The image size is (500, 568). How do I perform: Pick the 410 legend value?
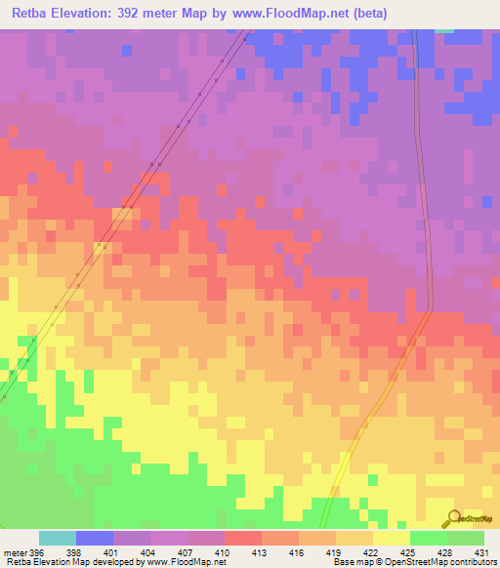pyautogui.click(x=224, y=552)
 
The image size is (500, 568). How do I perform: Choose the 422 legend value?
pyautogui.click(x=371, y=552)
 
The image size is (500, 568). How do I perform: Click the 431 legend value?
pyautogui.click(x=481, y=552)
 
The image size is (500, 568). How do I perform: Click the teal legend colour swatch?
pyautogui.click(x=58, y=538)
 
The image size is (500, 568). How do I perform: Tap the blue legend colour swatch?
pyautogui.click(x=95, y=538)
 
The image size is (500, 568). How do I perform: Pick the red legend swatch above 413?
pyautogui.click(x=242, y=538)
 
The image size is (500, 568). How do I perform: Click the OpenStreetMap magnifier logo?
pyautogui.click(x=454, y=517)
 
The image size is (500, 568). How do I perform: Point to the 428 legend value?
pyautogui.click(x=444, y=552)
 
